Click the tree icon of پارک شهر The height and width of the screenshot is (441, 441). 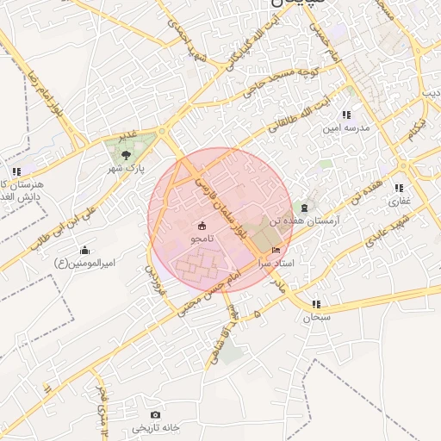[x=127, y=155]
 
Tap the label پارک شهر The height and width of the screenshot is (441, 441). [x=127, y=168]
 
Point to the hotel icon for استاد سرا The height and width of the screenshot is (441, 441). [x=276, y=249]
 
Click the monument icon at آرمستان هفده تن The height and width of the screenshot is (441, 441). [x=303, y=207]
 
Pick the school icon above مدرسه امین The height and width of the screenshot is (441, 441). [x=346, y=115]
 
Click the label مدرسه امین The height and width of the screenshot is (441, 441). [x=345, y=127]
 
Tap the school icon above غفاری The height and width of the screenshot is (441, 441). [x=398, y=188]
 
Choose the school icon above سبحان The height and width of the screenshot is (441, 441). [x=316, y=304]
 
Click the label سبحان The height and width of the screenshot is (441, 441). [x=316, y=317]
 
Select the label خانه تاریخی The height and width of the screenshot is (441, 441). [x=155, y=428]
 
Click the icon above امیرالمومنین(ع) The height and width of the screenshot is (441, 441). [x=84, y=250]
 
